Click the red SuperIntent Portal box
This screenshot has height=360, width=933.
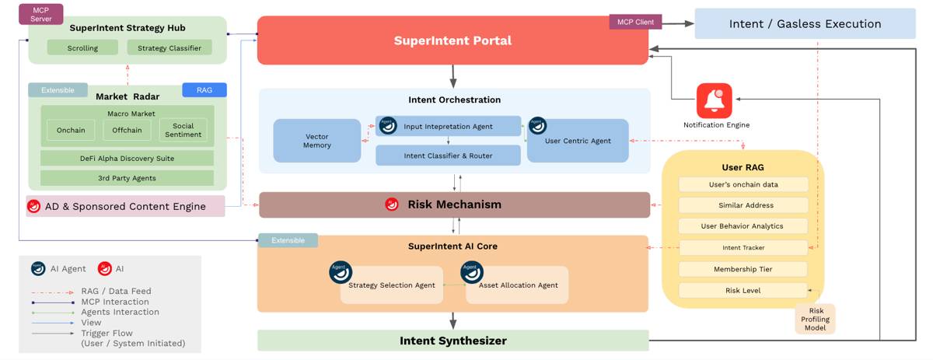tap(453, 40)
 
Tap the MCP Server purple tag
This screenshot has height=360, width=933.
tap(41, 13)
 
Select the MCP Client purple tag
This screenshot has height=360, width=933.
tap(635, 22)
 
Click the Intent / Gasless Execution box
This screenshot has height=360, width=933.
tap(805, 23)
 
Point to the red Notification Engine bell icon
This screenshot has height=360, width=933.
tap(714, 100)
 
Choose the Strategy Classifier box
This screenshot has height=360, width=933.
tap(169, 47)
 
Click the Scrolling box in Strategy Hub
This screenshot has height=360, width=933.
tap(82, 47)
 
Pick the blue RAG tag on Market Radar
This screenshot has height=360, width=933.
tap(204, 90)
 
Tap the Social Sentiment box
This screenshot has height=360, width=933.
tap(183, 130)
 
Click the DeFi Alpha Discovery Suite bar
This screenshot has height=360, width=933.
tap(127, 158)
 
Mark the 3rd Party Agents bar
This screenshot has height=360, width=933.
tap(127, 178)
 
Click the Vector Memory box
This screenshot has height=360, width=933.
tap(317, 141)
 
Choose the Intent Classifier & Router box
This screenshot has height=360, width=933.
tap(448, 156)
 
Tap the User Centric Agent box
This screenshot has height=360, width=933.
tap(578, 141)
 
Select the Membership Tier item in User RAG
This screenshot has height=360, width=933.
tap(743, 269)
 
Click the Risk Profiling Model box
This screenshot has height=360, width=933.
tap(815, 319)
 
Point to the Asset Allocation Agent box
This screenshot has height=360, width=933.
tap(517, 285)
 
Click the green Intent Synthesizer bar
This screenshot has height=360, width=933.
tap(453, 341)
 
